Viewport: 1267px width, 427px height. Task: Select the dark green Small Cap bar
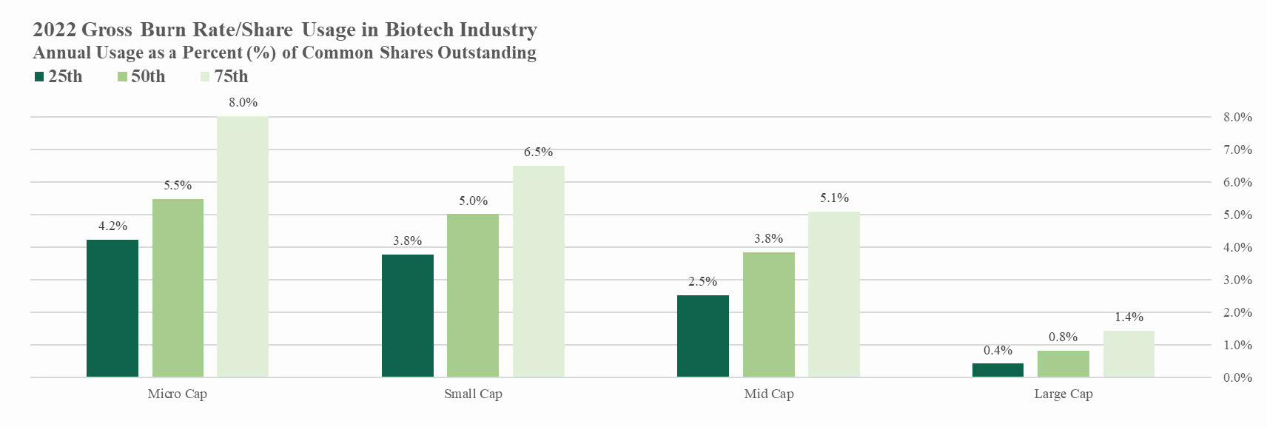[408, 316]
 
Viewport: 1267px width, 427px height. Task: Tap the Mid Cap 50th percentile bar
[769, 315]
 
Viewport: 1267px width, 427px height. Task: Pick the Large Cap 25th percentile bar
[998, 370]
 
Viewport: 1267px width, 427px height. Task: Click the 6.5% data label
[538, 152]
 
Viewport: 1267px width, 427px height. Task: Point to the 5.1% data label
[834, 198]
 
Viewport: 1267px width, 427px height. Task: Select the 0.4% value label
[998, 350]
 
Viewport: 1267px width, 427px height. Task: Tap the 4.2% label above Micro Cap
[112, 226]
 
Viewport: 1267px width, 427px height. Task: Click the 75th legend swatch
[206, 77]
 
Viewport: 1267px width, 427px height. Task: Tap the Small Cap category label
[473, 394]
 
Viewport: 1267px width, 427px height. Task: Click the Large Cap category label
[1063, 394]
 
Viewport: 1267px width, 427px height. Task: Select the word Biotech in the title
[420, 30]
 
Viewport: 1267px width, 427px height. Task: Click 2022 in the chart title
[55, 30]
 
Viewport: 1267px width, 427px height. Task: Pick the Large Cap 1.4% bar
[1129, 354]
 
